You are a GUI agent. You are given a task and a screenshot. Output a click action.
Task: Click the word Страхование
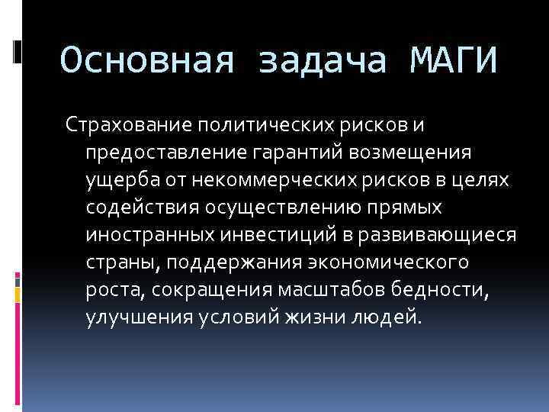[130, 124]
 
